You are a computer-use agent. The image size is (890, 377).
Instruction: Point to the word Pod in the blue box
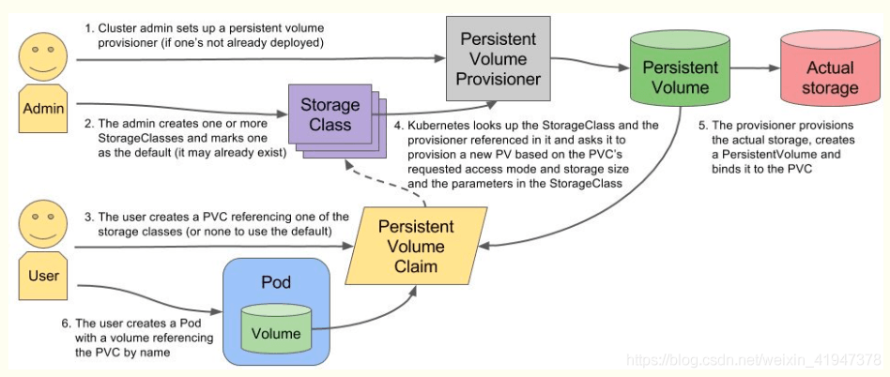276,282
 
